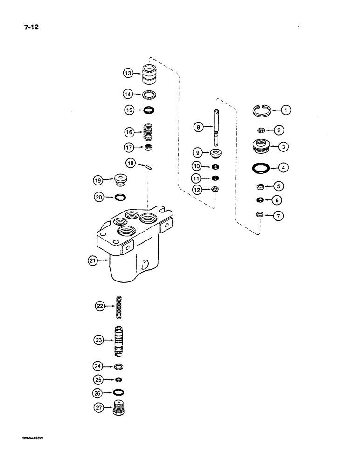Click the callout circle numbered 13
(x=128, y=73)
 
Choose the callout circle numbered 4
(x=284, y=167)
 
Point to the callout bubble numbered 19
(x=98, y=179)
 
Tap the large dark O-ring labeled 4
(x=259, y=167)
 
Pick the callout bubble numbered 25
(x=99, y=380)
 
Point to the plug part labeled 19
(x=120, y=179)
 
